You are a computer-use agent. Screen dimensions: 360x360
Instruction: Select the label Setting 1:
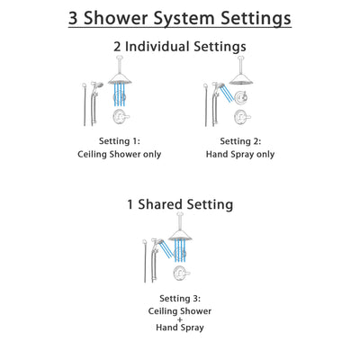tap(119, 141)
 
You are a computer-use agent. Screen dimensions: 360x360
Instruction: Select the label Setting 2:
tap(240, 141)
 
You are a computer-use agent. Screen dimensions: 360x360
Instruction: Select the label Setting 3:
tap(179, 298)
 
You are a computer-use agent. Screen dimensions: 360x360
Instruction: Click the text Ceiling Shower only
tap(119, 155)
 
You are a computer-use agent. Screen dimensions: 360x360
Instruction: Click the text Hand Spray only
tap(240, 155)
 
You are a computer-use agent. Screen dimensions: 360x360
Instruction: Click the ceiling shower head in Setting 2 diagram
tap(241, 78)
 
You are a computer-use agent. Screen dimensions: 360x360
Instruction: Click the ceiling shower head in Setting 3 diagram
tap(181, 236)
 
